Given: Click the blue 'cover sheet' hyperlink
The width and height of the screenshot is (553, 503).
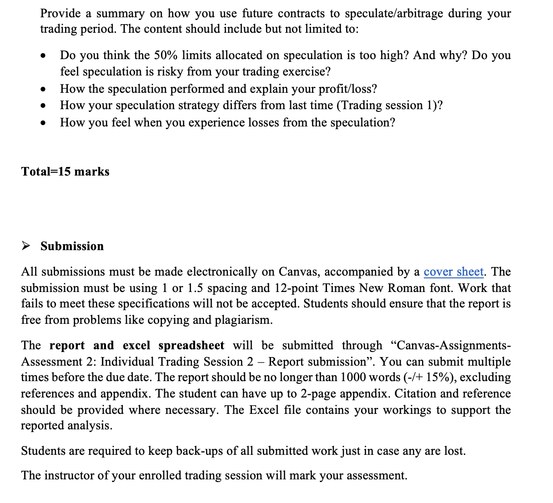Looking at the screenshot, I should click(453, 272).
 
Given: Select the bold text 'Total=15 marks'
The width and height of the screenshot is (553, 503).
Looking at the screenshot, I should click(65, 172).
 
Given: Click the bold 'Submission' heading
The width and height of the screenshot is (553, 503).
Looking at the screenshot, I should click(72, 246).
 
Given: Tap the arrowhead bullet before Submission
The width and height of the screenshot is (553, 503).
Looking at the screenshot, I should click(26, 246).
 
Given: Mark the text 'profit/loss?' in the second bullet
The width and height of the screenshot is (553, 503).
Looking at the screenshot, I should click(347, 89).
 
